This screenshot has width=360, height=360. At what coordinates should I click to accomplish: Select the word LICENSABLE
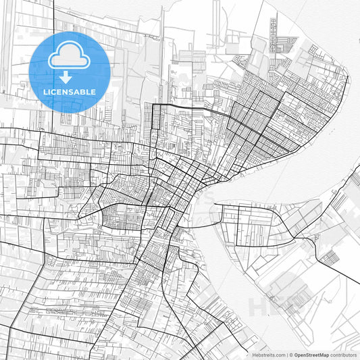(70, 91)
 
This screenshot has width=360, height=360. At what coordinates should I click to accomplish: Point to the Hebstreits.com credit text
(269, 355)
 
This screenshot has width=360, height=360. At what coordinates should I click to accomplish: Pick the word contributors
(343, 355)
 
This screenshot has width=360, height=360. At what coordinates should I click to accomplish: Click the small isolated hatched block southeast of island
(329, 257)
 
